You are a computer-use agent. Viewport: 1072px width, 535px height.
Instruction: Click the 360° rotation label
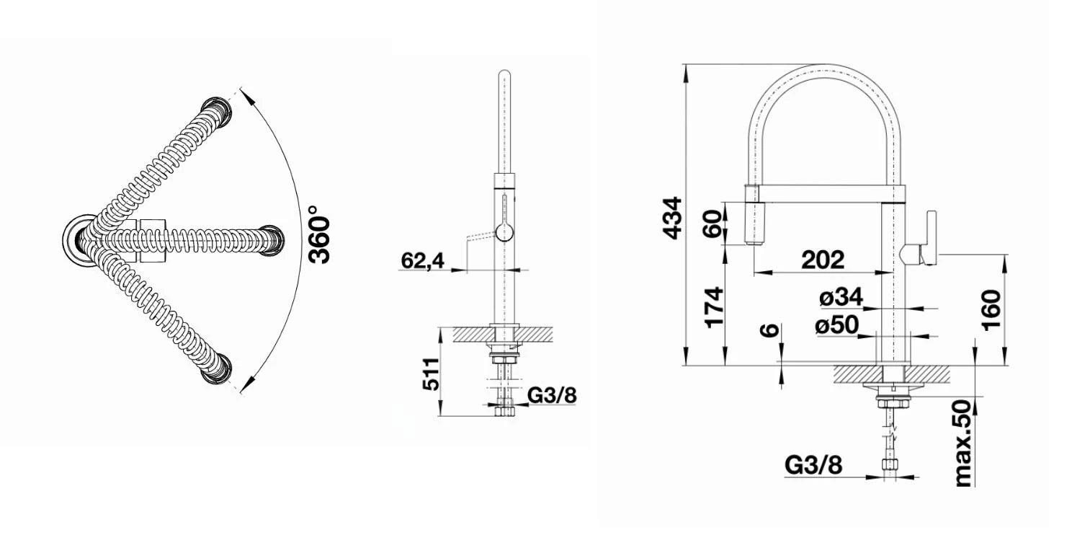(x=319, y=234)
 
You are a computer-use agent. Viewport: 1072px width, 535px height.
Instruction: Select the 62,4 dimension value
(x=424, y=260)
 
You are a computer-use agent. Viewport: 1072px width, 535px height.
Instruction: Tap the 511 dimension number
(x=431, y=373)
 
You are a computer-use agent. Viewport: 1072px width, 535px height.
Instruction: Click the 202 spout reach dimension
(x=820, y=260)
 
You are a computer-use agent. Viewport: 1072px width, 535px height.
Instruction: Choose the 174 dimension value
(x=713, y=307)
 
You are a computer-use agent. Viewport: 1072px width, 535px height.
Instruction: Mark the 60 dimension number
(x=713, y=224)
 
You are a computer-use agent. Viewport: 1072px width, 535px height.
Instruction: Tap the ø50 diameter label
(x=837, y=326)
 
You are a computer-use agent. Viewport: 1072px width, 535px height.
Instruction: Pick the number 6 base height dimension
(x=770, y=330)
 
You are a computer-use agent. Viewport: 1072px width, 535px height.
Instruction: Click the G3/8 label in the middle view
(x=553, y=394)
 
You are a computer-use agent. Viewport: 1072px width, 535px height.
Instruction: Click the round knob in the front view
(x=504, y=232)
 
